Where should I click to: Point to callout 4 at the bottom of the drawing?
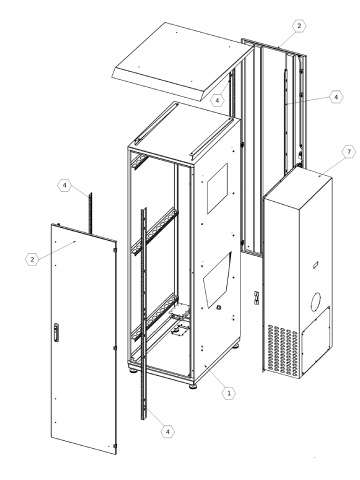pos(167,429)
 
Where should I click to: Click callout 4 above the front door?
pos(91,185)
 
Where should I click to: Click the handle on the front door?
pos(57,333)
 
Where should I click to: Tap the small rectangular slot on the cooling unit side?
pos(313,264)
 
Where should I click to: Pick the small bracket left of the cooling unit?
pos(256,298)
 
